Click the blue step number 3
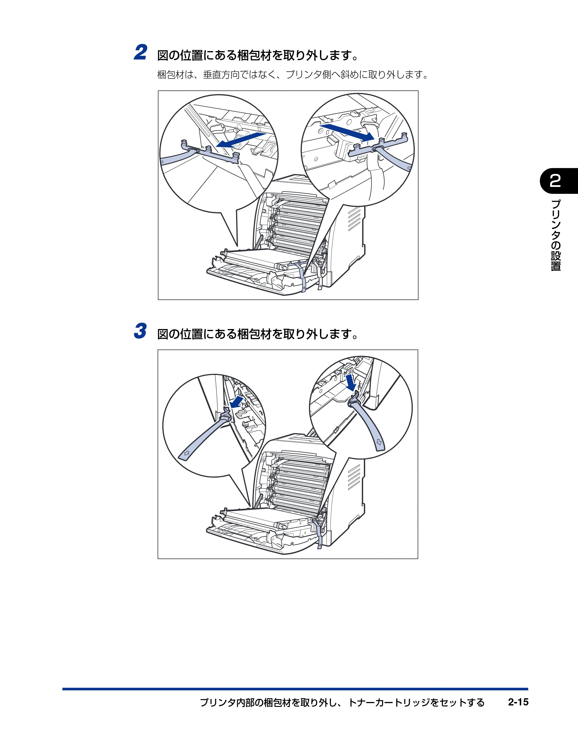point(140,331)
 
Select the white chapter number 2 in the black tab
point(555,181)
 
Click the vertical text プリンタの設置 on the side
point(555,235)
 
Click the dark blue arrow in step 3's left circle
point(237,402)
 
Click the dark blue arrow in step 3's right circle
point(351,383)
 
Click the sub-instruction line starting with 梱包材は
point(293,75)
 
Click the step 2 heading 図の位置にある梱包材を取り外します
point(258,55)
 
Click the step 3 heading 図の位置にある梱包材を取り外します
point(258,334)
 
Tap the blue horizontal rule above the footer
point(295,689)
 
